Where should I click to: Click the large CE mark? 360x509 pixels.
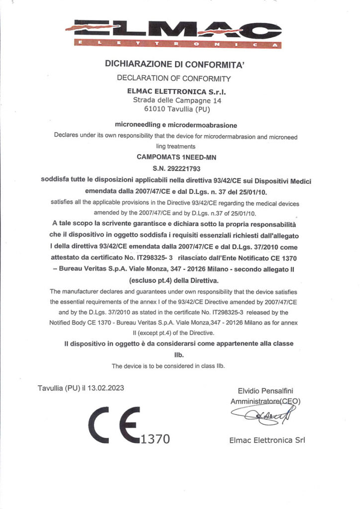(x=114, y=426)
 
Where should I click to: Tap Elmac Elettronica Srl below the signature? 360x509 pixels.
(x=267, y=440)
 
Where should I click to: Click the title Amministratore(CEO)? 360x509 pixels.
(x=265, y=401)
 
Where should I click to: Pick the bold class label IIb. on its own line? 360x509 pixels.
(x=179, y=355)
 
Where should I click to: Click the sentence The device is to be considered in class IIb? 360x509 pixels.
(x=168, y=366)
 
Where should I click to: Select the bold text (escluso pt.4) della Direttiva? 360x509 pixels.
(x=179, y=280)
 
